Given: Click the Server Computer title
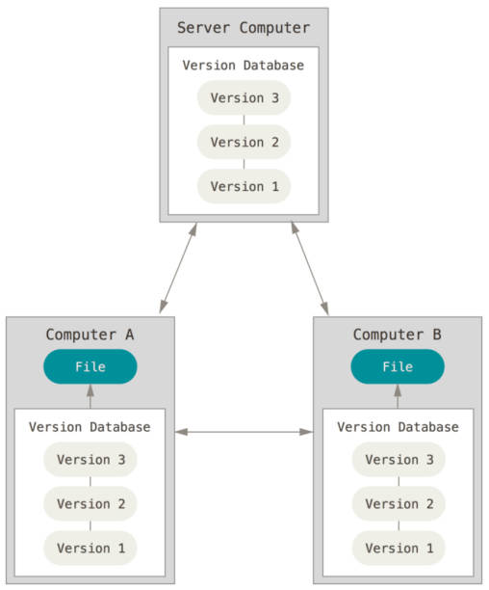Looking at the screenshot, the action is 244,28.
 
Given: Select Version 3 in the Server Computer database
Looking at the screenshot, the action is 244,97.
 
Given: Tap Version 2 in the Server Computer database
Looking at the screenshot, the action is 244,143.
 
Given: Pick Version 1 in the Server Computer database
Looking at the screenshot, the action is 244,187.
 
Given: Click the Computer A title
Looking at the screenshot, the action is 90,335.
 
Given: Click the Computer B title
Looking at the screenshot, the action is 398,335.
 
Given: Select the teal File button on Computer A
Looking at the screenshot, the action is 90,366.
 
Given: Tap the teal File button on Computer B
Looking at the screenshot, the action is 398,366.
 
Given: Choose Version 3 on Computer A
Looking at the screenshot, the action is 90,460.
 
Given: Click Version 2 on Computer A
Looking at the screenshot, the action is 90,504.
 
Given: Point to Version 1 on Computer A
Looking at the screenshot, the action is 90,549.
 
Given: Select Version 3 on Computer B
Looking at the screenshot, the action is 399,460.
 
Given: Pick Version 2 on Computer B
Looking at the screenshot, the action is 399,504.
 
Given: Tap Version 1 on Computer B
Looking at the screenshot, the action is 399,549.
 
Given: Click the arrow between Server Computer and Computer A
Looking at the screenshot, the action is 178,268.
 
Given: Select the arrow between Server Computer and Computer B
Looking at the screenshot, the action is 310,268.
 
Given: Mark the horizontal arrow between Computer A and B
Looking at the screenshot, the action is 244,432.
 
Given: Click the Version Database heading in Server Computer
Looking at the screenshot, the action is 244,66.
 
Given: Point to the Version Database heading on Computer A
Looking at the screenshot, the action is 90,427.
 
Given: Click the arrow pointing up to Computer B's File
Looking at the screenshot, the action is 398,396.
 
